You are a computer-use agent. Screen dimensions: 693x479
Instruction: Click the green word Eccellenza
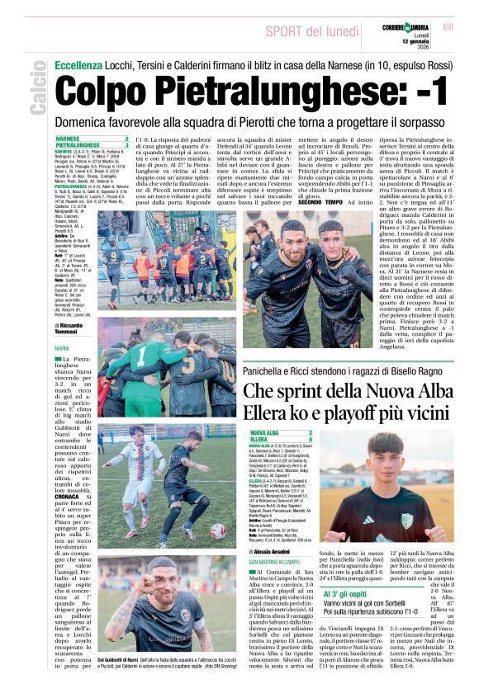pyautogui.click(x=79, y=65)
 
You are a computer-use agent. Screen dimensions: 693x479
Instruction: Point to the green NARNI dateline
pyautogui.click(x=61, y=349)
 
